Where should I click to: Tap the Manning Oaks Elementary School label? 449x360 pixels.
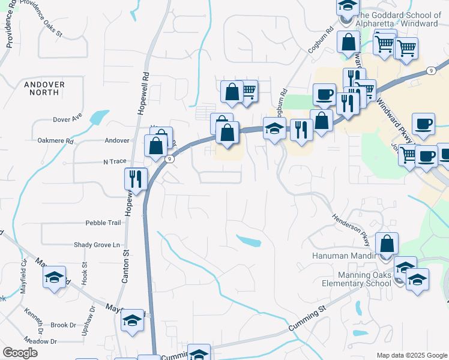[x=356, y=279]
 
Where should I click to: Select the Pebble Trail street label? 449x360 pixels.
[x=103, y=223]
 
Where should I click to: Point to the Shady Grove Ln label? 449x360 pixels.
[x=97, y=245]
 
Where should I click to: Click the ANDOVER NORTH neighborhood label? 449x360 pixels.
[x=44, y=89]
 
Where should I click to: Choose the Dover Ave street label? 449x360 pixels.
[x=67, y=119]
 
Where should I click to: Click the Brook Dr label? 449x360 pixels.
[x=63, y=325]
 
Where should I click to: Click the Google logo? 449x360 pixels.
[x=20, y=353]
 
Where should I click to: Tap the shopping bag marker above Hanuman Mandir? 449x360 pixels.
[x=387, y=244]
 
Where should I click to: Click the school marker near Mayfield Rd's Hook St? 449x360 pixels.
[x=54, y=277]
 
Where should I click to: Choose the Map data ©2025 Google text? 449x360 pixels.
[x=411, y=355]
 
